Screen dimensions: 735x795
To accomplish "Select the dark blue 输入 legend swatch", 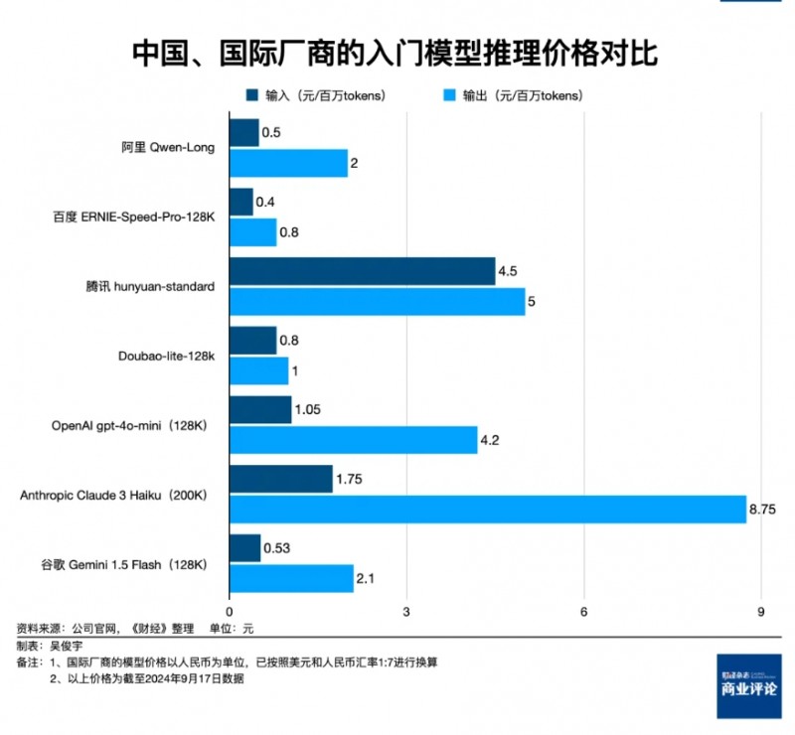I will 251,96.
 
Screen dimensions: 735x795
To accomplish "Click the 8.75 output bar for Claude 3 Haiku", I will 487,509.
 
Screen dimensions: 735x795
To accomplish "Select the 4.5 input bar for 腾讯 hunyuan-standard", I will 362,271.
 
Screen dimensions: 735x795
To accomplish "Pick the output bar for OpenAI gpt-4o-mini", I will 353,439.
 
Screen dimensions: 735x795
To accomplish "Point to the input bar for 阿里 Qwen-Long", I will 243,132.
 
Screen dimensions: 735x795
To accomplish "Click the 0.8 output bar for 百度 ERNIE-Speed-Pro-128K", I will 252,231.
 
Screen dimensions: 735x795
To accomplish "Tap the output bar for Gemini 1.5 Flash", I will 291,578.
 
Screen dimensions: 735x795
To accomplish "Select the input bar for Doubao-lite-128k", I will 252,341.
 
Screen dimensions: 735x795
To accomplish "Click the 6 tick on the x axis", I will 583,611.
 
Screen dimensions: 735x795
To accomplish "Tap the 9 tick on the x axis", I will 760,611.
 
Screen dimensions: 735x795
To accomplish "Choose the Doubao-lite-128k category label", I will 167,355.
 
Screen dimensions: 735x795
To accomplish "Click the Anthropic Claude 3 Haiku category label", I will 112,494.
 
